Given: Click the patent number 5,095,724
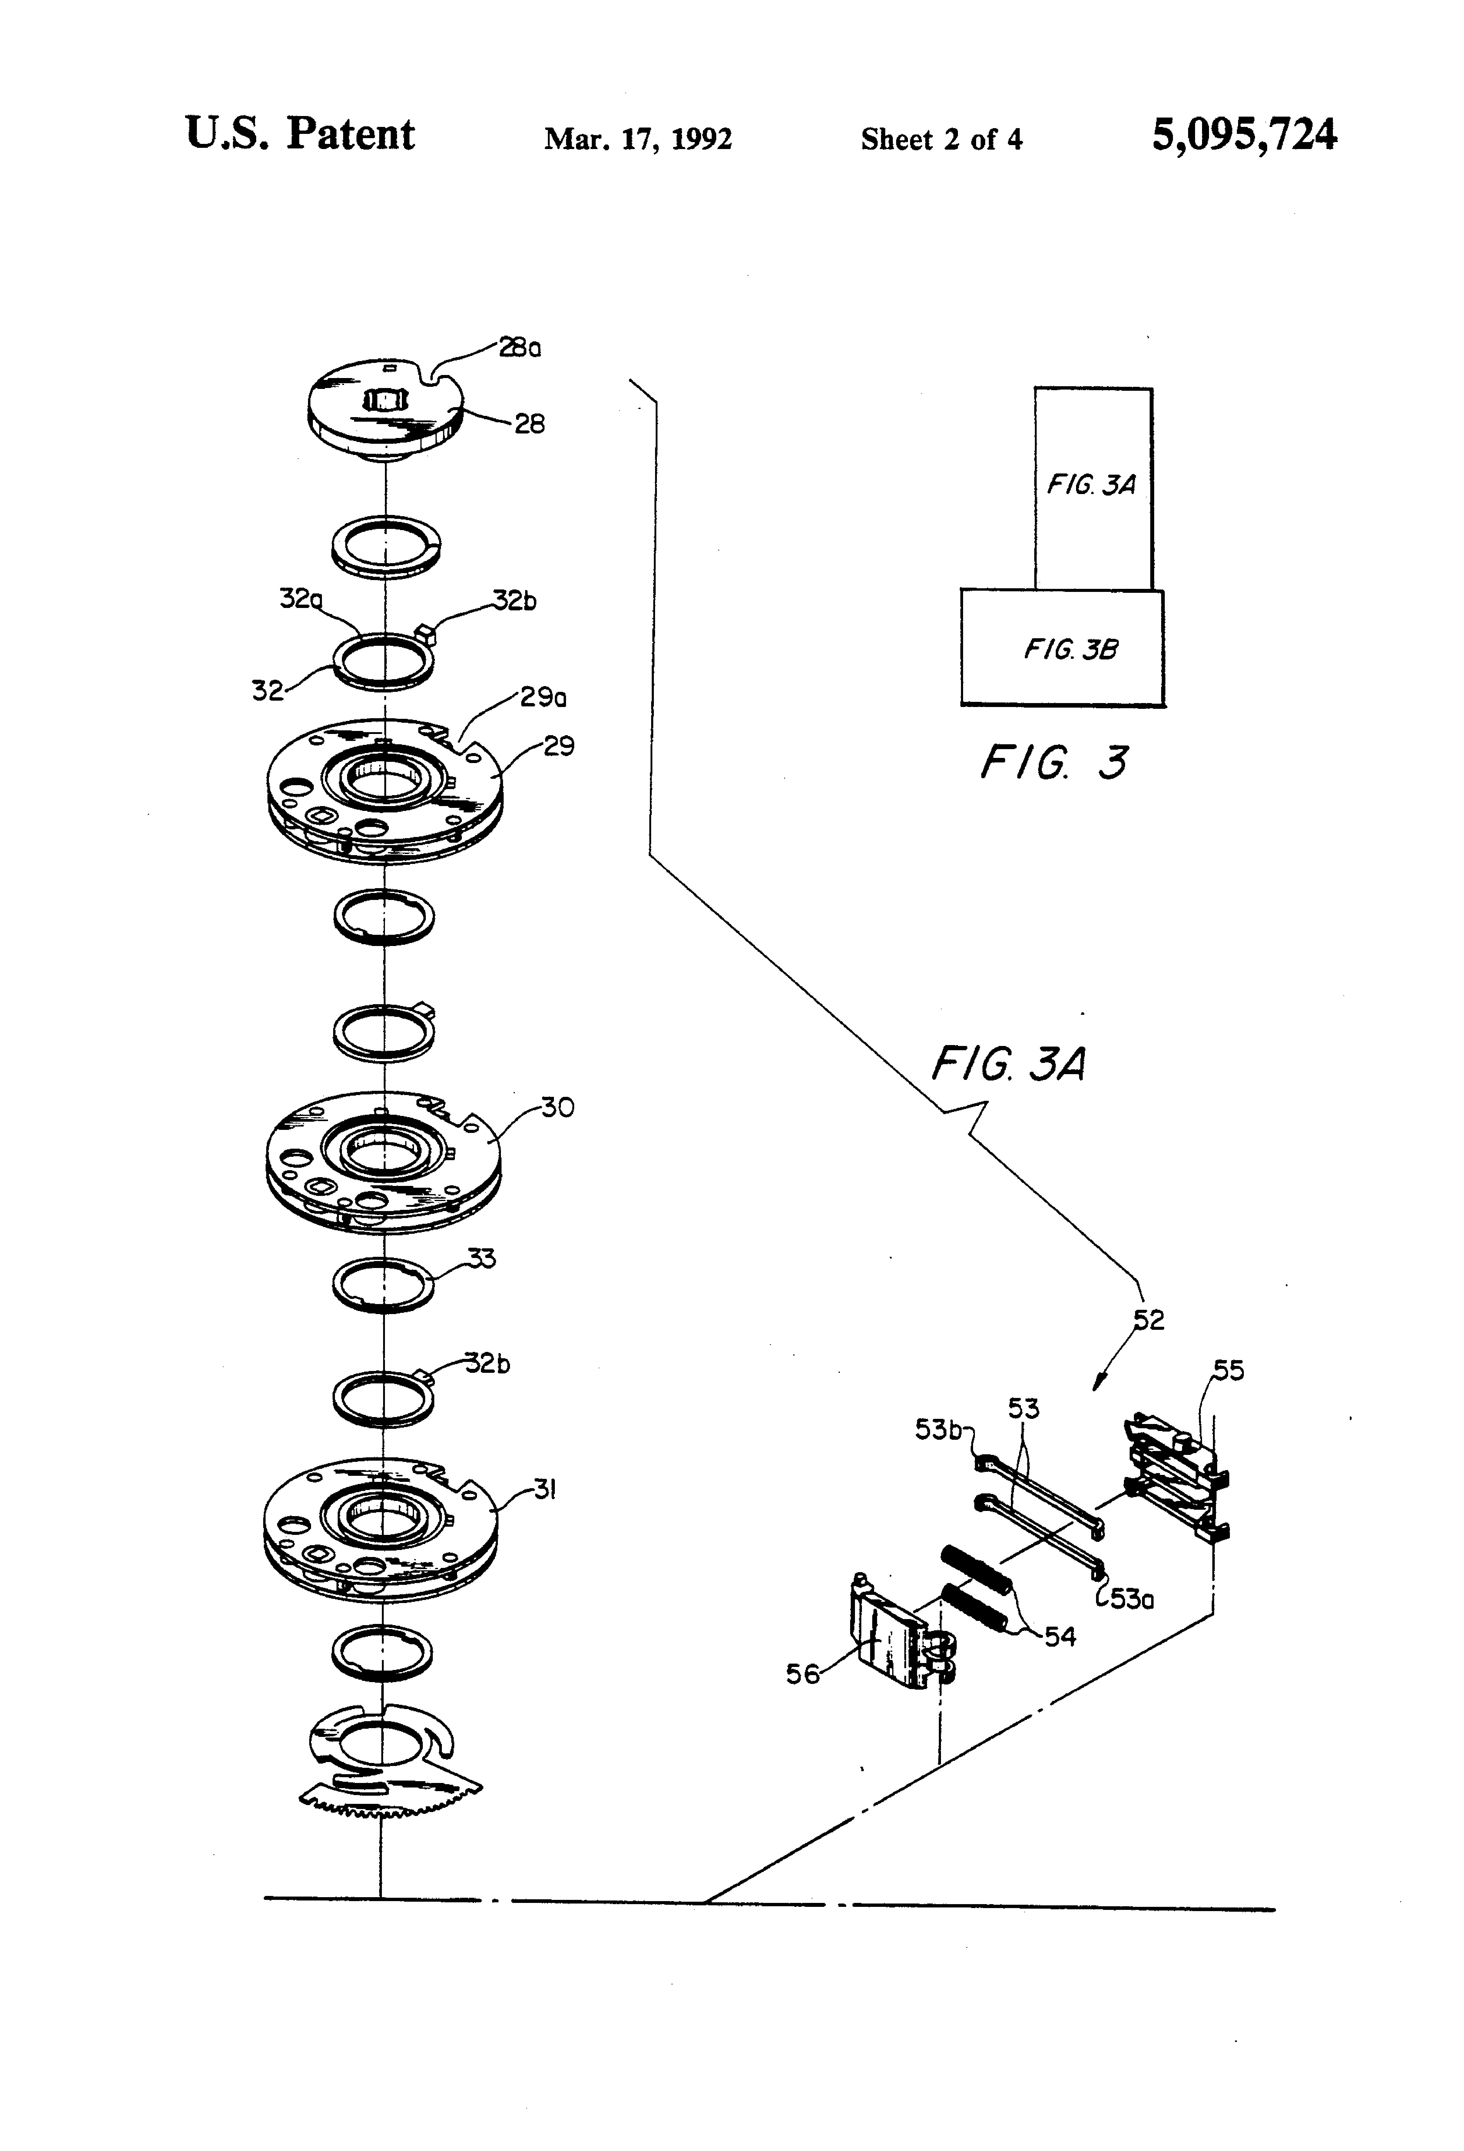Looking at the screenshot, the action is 1244,135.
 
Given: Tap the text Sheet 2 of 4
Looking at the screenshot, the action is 941,139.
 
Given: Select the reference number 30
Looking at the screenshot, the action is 557,1107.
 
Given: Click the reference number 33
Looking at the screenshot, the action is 481,1258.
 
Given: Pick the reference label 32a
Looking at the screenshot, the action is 301,599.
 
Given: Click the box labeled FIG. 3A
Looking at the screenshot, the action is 1093,488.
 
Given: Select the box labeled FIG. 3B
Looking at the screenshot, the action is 1062,648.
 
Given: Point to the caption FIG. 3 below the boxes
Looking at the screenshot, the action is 1054,763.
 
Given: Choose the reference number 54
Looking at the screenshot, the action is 1061,1636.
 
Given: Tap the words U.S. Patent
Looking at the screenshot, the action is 300,134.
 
